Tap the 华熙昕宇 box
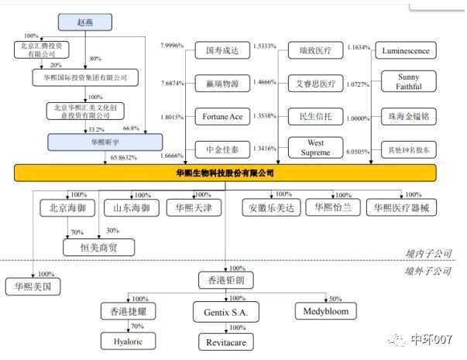tap(105, 142)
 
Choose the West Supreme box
tap(315, 148)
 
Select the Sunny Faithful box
tap(407, 83)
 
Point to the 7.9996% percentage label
tap(172, 46)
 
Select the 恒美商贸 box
tap(98, 247)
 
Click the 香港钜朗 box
tap(225, 279)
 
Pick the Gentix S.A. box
tap(225, 312)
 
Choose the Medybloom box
tap(324, 312)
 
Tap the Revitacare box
tap(225, 341)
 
